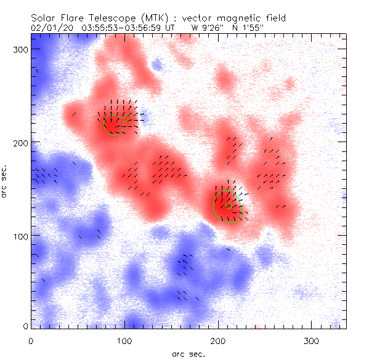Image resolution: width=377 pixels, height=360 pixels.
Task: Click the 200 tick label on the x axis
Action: (x=218, y=340)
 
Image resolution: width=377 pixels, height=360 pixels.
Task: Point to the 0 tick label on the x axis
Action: (x=31, y=340)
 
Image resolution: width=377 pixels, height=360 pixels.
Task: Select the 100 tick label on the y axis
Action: (x=18, y=236)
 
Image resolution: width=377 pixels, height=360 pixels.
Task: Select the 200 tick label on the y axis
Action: (x=18, y=142)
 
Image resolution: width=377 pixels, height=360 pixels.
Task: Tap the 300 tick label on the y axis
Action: (x=18, y=49)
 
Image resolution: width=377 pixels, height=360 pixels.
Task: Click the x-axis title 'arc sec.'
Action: (x=188, y=354)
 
